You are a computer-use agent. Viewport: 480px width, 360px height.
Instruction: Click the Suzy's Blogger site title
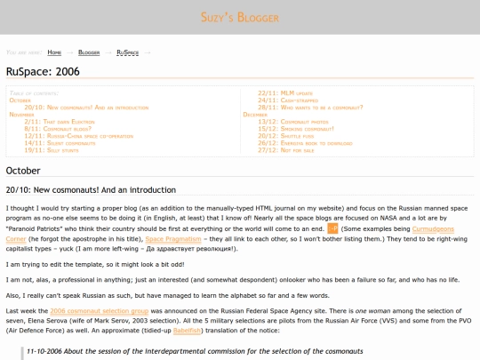pyautogui.click(x=239, y=17)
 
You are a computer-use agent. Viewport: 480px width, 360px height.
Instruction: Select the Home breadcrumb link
pyautogui.click(x=54, y=52)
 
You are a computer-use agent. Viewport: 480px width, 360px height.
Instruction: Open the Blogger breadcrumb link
pyautogui.click(x=89, y=52)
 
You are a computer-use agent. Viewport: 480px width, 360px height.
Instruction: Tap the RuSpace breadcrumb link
pyautogui.click(x=127, y=52)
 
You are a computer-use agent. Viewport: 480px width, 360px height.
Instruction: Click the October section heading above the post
pyautogui.click(x=23, y=170)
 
